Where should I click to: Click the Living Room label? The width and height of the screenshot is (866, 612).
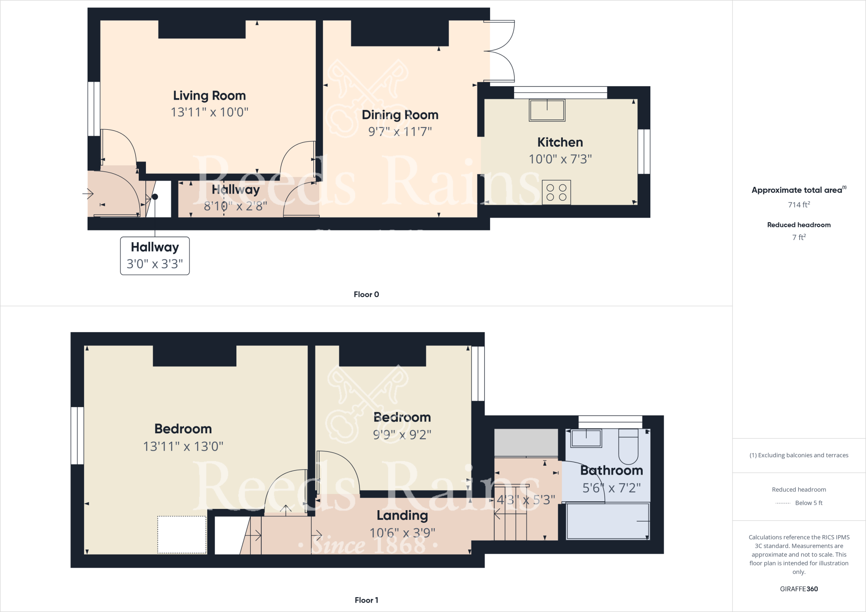(x=209, y=96)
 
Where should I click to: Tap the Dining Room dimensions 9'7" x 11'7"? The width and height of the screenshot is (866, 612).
(x=400, y=131)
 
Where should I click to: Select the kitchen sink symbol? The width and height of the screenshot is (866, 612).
(x=547, y=110)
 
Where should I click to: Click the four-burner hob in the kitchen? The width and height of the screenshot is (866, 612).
(x=556, y=192)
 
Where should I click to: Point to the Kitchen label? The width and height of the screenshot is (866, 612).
(x=560, y=142)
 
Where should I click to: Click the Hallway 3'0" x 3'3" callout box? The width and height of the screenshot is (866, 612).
(x=155, y=256)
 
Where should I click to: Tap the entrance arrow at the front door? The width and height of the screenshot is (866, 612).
(x=88, y=194)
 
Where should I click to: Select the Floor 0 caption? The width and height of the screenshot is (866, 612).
(x=366, y=294)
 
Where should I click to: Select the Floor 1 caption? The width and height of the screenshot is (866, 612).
(x=366, y=600)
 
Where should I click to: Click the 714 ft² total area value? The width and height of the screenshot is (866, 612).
(x=799, y=205)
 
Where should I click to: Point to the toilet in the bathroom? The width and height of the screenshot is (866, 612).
(x=628, y=447)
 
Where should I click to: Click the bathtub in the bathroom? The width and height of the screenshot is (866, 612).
(x=608, y=521)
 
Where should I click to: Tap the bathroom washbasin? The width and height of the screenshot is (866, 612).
(x=586, y=438)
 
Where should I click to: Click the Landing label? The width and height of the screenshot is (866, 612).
(x=402, y=515)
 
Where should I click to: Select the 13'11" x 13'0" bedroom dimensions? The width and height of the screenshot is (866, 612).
(x=183, y=446)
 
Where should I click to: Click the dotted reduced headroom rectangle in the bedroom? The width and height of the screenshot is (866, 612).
(x=182, y=534)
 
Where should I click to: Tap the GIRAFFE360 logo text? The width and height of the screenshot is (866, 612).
(x=799, y=589)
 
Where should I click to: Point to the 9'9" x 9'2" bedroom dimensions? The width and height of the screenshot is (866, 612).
(x=402, y=434)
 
